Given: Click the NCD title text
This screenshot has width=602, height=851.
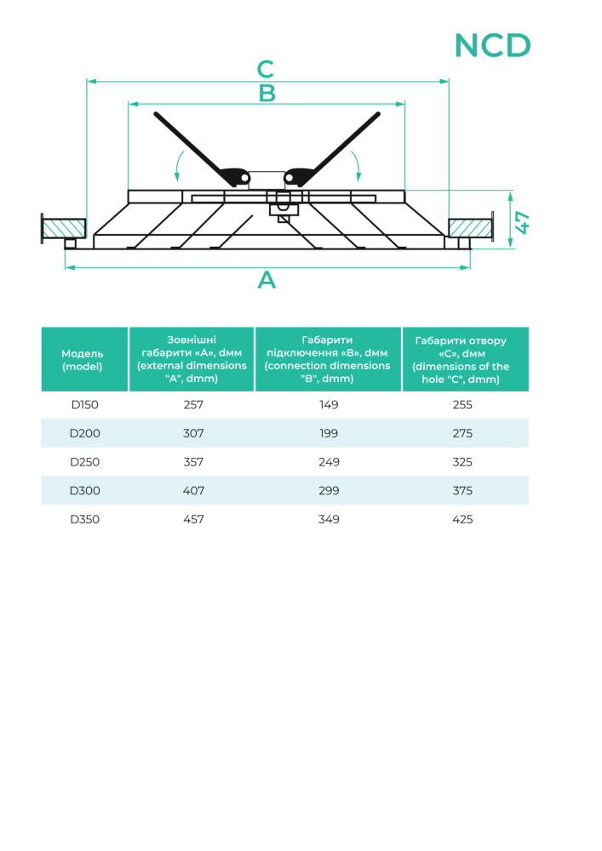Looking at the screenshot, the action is point(492,46).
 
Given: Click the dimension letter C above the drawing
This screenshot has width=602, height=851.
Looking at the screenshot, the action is point(266,69).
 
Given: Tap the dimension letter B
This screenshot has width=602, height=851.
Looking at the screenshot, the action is point(267,94).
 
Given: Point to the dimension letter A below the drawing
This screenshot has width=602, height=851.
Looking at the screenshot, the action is point(267,280).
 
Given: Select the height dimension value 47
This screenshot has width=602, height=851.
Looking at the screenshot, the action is point(522,223).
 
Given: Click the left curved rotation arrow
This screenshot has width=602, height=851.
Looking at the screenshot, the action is point(179,166).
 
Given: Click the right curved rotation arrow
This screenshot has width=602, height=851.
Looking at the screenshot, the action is point(356,166).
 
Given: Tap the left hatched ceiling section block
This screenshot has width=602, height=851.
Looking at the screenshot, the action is point(64,228).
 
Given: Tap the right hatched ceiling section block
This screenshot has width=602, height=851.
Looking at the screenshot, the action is point(469,228).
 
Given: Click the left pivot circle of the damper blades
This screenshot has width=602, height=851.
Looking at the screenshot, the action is point(245,178).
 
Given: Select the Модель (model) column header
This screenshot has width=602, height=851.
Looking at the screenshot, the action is point(83,360).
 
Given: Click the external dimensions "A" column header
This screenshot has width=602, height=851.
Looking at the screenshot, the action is point(192,359).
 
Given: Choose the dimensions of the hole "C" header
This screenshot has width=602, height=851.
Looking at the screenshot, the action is point(461,360).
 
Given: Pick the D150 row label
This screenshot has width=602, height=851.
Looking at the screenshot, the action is point(84,405).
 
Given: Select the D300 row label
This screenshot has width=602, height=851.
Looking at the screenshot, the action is point(84,491).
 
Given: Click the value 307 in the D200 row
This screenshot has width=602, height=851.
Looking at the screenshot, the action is point(193,434).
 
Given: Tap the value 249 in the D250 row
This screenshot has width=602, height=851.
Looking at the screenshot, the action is point(329,462).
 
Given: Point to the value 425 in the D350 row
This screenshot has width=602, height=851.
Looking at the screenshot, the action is point(462,519).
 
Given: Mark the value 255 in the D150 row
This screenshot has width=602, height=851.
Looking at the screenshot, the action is point(462,405).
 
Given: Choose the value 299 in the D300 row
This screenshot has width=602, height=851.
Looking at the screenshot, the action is point(329,491).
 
